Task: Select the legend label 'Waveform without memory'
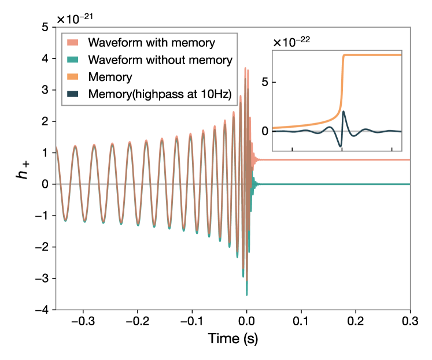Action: (160, 60)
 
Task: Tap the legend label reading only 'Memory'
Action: (110, 77)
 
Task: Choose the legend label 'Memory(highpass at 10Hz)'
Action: (160, 94)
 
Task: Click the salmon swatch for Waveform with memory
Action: (72, 43)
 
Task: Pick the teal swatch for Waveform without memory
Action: (72, 60)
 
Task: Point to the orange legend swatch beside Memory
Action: (72, 77)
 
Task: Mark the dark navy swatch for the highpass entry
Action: (72, 94)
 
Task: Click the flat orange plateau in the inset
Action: (373, 55)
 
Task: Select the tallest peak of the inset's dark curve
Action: (344, 111)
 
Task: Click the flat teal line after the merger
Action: (335, 184)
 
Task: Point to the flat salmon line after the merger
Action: (335, 159)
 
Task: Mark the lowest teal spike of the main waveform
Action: (247, 295)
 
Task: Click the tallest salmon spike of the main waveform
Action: (245, 68)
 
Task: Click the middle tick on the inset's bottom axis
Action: (342, 149)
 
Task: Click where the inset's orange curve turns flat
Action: (344, 56)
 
